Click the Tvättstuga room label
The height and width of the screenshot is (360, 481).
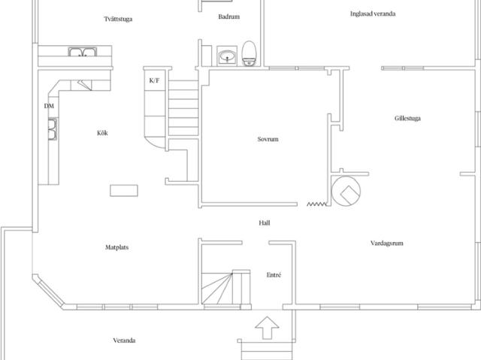point(118,19)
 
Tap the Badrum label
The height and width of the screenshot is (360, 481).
point(228,17)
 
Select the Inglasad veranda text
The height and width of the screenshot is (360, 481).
point(373,14)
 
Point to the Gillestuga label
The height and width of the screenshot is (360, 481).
point(407,118)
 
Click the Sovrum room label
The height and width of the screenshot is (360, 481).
point(268,139)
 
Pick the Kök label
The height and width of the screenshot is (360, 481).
point(102,133)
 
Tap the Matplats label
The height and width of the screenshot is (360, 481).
point(117,247)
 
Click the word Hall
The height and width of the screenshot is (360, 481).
point(265,223)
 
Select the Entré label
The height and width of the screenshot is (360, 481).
point(274,275)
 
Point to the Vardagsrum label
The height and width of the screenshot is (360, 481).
point(387,244)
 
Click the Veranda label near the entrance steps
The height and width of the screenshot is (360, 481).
point(124,340)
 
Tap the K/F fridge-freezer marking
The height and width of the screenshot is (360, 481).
point(154,80)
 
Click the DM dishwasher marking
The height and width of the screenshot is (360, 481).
point(49,106)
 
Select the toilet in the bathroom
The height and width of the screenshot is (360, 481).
point(249,53)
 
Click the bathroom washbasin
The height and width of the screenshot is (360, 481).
point(227,56)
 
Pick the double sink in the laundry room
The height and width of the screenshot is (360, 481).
point(82,52)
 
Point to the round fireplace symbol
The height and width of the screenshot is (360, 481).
point(346,190)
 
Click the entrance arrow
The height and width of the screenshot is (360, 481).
point(267,328)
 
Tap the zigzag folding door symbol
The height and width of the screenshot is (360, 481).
point(316,204)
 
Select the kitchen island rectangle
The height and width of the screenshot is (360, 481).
point(124,190)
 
